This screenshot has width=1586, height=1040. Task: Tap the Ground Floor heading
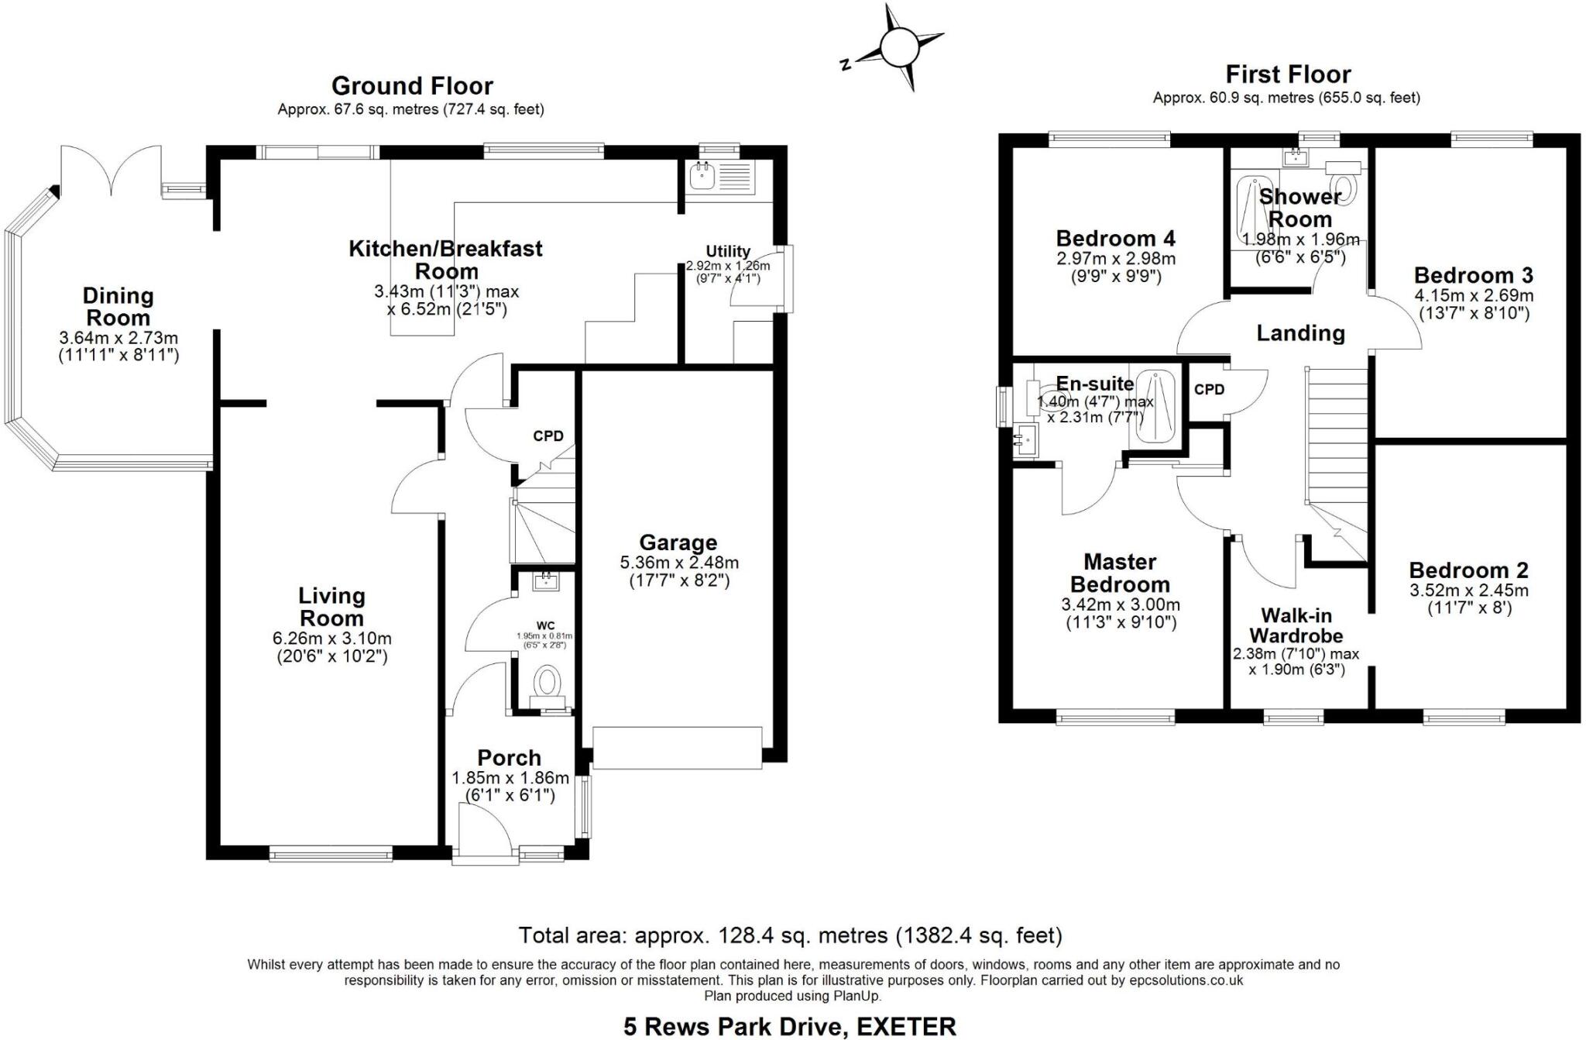(x=412, y=85)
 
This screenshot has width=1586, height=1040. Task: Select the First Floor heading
(x=1288, y=74)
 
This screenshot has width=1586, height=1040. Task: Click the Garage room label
(x=678, y=542)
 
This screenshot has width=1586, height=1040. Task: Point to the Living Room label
(x=331, y=607)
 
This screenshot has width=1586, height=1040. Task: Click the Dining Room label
(x=118, y=306)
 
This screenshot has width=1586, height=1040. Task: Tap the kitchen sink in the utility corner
(x=705, y=177)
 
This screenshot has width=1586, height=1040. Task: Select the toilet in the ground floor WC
(x=548, y=684)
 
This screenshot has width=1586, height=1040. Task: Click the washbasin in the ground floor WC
(x=547, y=580)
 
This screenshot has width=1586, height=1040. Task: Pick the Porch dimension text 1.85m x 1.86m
(x=510, y=777)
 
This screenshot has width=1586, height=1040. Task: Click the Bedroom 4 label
(x=1115, y=238)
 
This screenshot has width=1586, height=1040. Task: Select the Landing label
(x=1300, y=333)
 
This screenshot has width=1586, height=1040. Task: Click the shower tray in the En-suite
(x=1155, y=407)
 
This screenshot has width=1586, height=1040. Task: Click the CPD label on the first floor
(x=1209, y=389)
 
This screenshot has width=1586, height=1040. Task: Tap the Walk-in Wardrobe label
(x=1296, y=625)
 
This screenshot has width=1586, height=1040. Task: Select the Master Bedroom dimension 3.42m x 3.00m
(x=1120, y=604)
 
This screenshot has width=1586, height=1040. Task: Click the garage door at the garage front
(x=677, y=748)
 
